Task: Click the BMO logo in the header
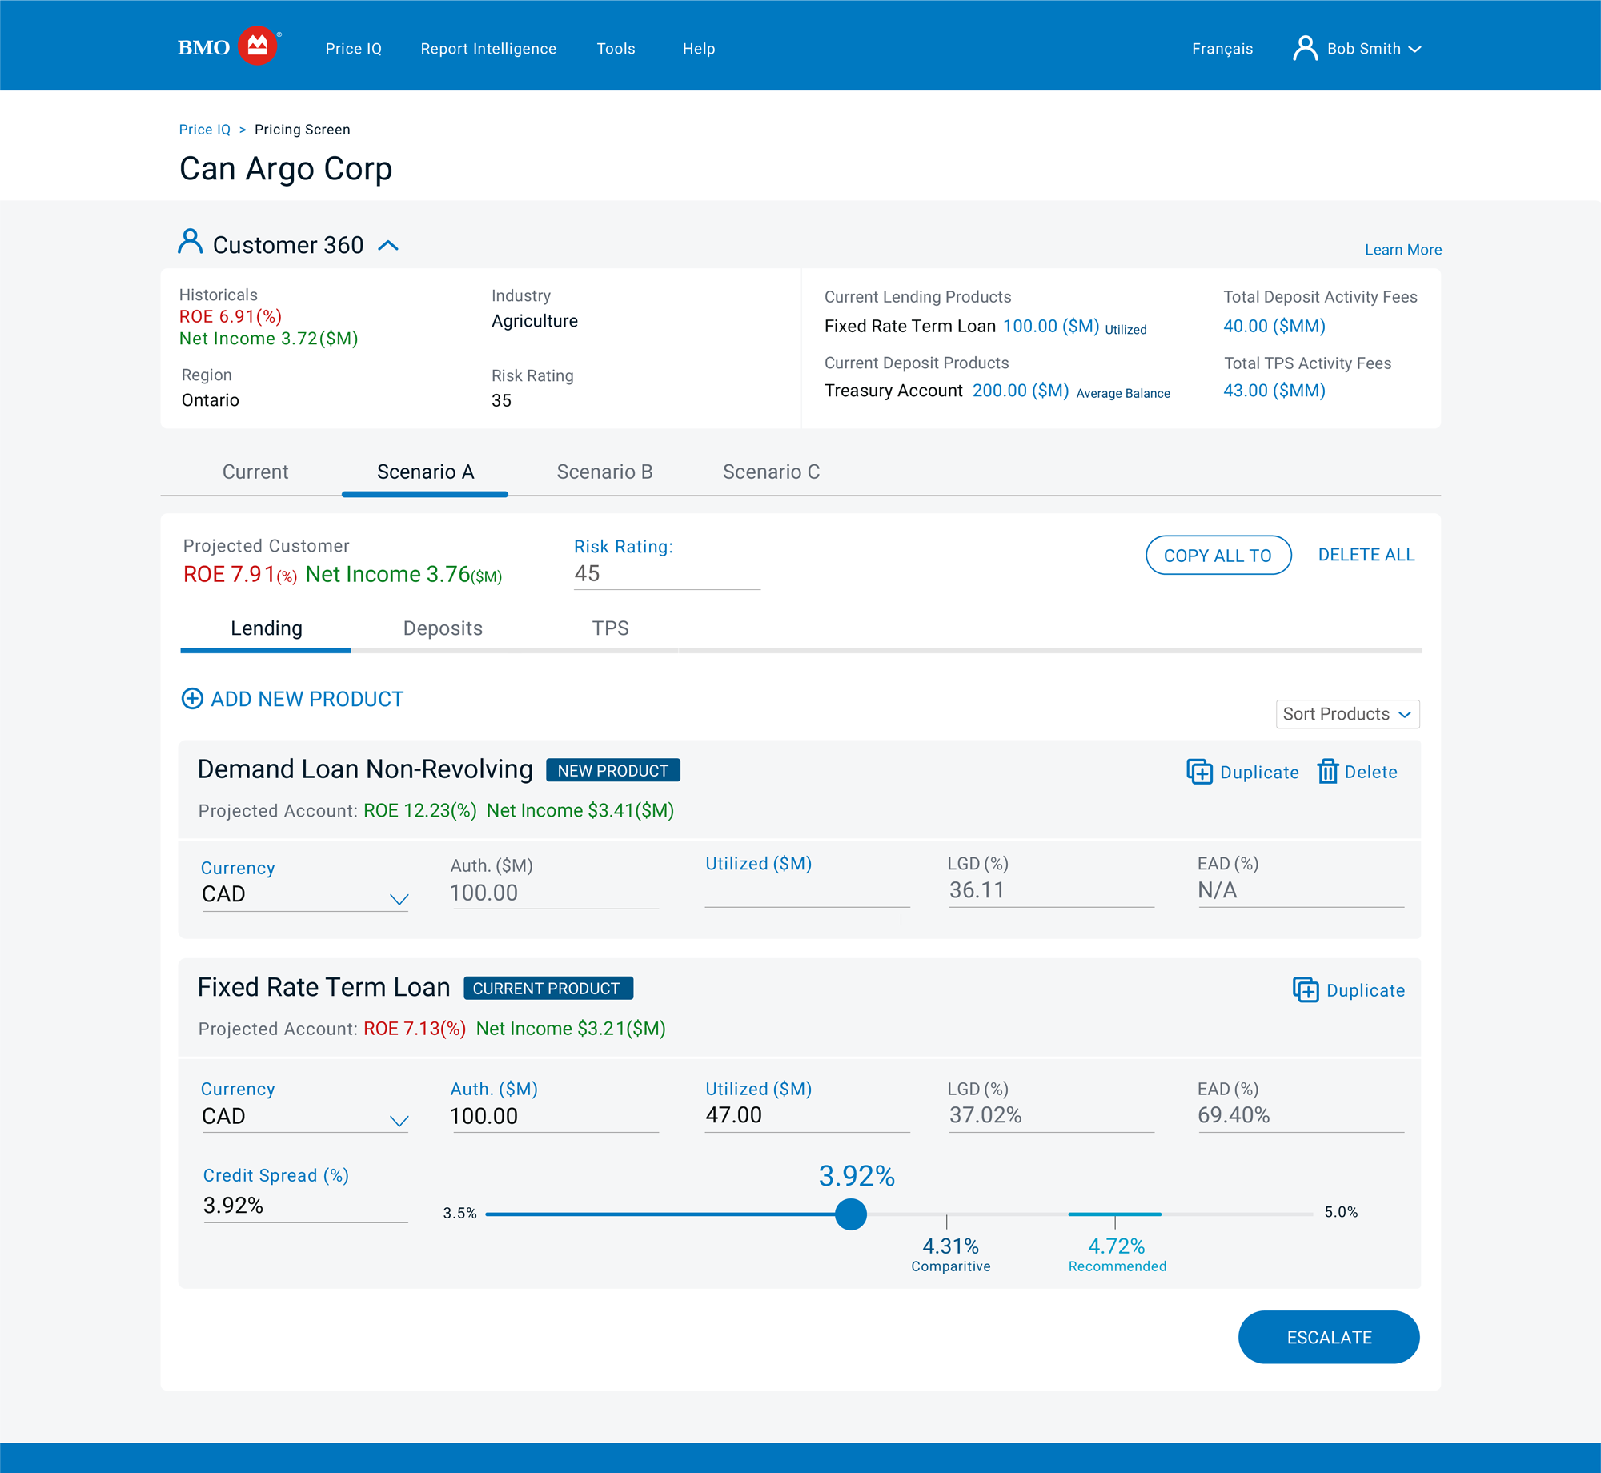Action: (228, 47)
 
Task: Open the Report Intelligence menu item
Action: (488, 49)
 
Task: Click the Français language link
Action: (1222, 49)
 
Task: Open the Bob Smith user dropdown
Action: (1358, 49)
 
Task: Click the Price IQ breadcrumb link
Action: (204, 130)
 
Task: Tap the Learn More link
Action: (1402, 250)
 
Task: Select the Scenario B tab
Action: (604, 472)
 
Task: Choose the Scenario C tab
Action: (771, 472)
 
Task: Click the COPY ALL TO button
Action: (1218, 556)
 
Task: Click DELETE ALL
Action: (1366, 555)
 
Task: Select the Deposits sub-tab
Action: (443, 628)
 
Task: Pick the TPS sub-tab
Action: (610, 628)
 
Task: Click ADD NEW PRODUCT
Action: (293, 699)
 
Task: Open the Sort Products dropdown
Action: (1347, 714)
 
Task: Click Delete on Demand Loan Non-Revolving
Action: (1358, 772)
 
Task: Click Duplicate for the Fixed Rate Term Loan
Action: (1349, 990)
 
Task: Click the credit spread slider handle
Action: (850, 1214)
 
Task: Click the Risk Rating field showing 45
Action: (666, 574)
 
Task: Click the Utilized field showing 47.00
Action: (805, 1115)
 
